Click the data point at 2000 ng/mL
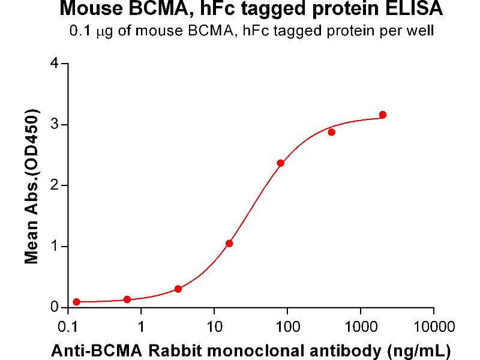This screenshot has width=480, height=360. click(383, 115)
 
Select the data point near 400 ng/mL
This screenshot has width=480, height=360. click(332, 132)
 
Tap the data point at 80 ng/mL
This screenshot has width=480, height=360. click(280, 163)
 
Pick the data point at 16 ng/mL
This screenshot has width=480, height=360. click(229, 244)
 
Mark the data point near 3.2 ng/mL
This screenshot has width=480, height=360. click(178, 289)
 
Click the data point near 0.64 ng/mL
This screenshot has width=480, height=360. click(127, 299)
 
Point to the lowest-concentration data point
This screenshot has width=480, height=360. click(76, 302)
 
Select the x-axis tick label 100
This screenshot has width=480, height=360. click(287, 328)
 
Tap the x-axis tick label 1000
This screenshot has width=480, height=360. click(361, 328)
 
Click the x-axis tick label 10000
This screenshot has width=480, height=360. click(433, 328)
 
